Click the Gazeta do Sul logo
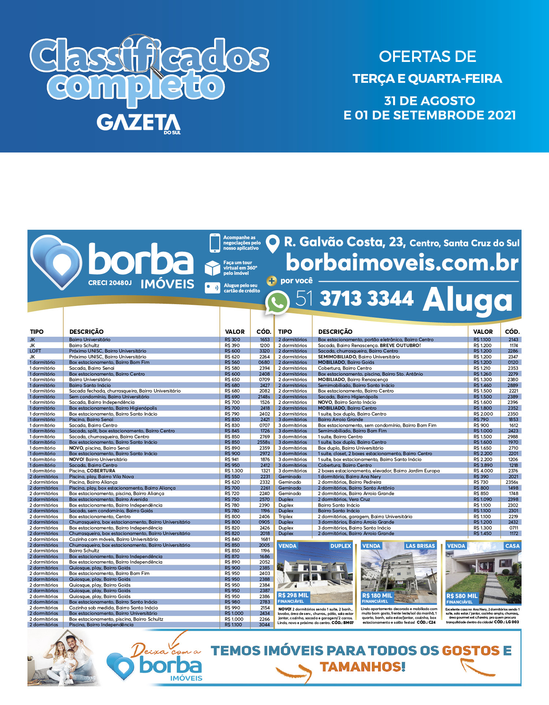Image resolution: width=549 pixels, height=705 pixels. coord(139,123)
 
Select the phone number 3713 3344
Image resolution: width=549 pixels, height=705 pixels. coord(366,298)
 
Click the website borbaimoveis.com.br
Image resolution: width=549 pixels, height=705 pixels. coord(402,263)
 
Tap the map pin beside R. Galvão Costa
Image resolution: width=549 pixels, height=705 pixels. coord(272,244)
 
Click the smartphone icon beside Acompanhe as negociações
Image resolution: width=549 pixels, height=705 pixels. coord(214,243)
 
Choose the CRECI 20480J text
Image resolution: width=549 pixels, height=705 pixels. coord(110,283)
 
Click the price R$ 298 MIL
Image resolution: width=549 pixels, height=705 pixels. coord(293,595)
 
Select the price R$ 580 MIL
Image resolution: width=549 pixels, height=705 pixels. coord(462,596)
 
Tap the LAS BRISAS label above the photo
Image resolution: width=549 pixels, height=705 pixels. coord(420,546)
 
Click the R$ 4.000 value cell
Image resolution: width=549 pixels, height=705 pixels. coord(483,471)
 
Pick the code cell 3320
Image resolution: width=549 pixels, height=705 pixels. coord(264,351)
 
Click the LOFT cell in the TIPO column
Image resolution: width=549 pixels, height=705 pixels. coord(36,351)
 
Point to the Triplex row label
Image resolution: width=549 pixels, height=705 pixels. coord(285,517)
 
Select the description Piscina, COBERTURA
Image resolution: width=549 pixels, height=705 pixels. coord(92,471)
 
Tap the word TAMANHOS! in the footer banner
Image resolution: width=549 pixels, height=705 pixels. coord(362,667)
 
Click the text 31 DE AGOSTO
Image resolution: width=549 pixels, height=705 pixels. coord(429,101)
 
